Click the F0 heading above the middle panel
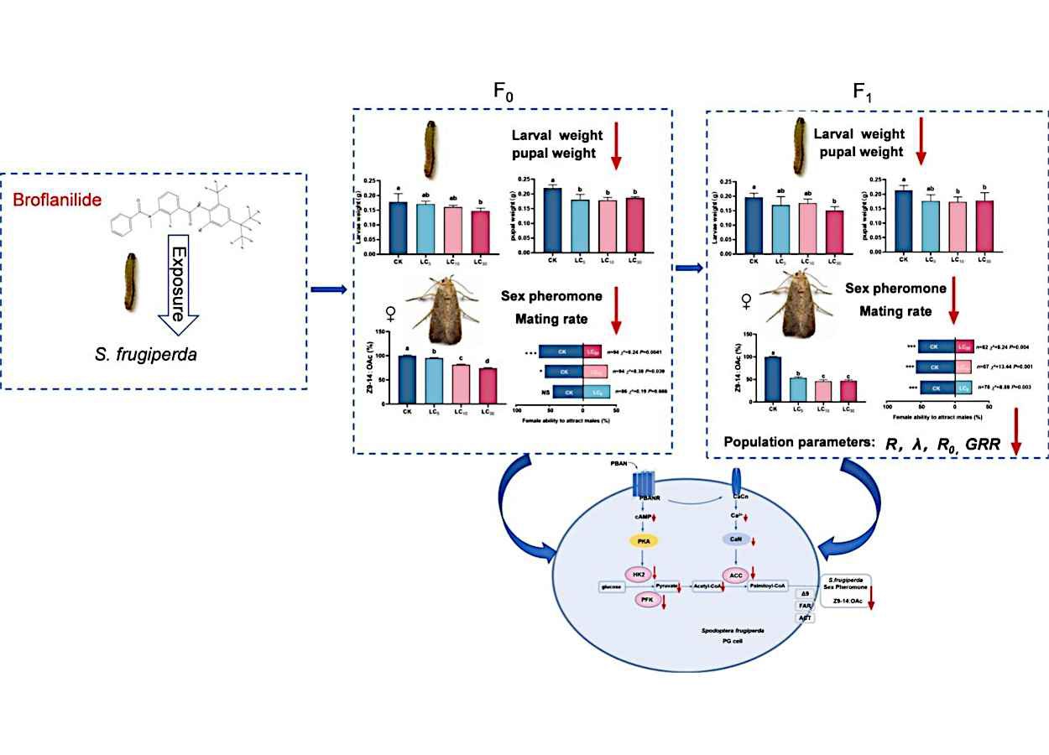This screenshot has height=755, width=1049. [504, 93]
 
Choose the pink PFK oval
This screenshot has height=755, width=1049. [647, 600]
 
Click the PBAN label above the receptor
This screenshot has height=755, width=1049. [620, 464]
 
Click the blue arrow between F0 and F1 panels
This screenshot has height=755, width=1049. [689, 268]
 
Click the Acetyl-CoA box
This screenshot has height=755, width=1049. [708, 587]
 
